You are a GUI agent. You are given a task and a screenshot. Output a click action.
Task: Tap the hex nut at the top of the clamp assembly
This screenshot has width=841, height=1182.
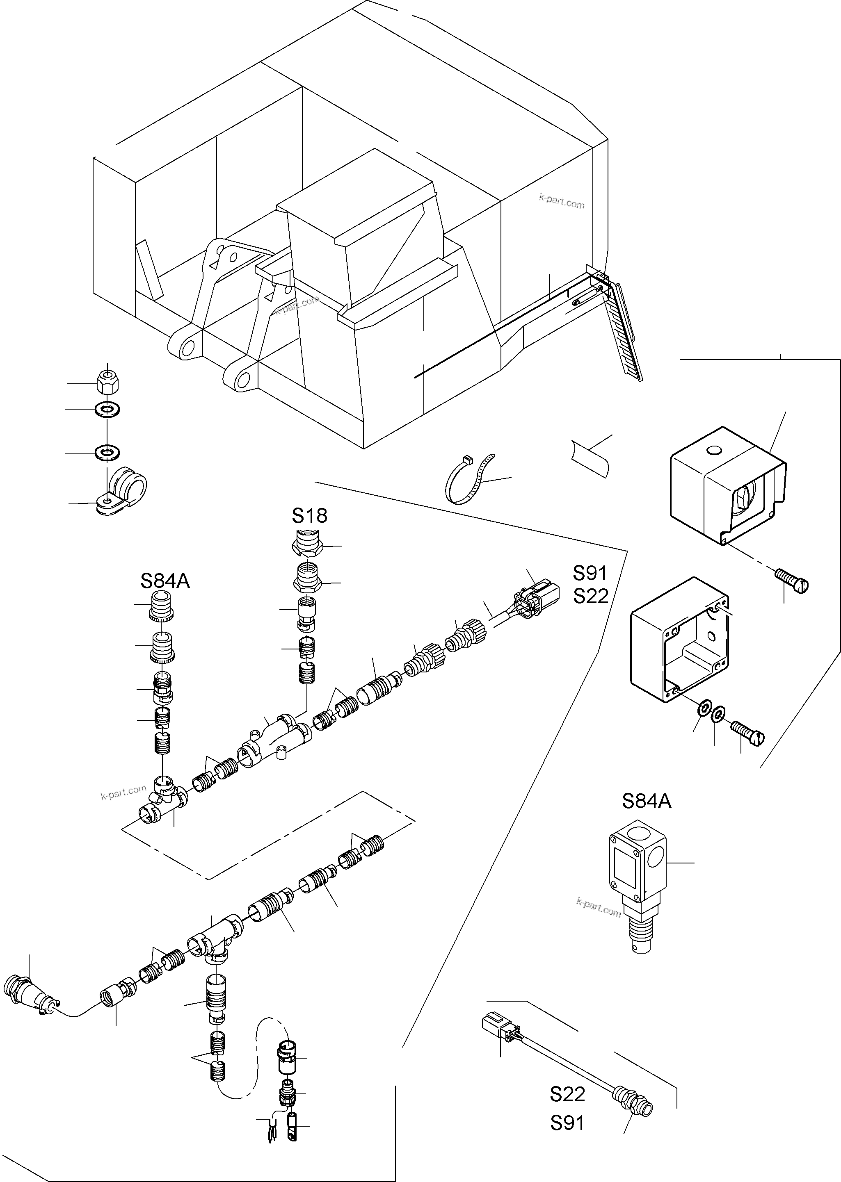(x=107, y=382)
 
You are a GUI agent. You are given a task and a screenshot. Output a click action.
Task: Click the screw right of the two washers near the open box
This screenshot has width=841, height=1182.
(x=747, y=733)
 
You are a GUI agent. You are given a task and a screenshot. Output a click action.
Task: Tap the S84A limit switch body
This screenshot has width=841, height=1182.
(x=638, y=875)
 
